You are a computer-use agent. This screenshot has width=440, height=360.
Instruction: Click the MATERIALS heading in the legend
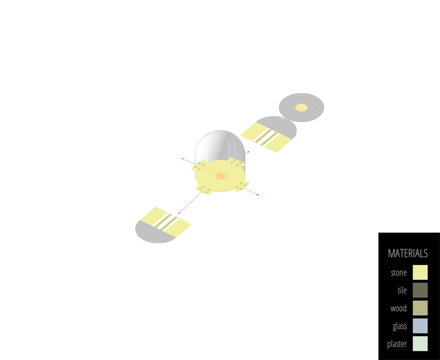point(408,253)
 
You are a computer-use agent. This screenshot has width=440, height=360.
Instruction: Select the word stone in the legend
point(399,273)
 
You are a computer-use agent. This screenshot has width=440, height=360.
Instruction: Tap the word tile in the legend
point(402,290)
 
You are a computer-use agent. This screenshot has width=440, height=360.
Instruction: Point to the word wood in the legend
point(398,308)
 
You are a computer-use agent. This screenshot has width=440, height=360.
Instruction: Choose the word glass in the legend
point(399,326)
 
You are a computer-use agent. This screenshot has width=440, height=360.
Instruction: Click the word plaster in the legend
point(397,344)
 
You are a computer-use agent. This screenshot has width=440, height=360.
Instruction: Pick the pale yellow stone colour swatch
point(420,273)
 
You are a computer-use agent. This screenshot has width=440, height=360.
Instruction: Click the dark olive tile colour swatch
point(420,290)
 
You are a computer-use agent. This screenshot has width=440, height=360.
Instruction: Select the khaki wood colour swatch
point(420,308)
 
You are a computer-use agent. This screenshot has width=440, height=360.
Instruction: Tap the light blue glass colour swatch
point(420,326)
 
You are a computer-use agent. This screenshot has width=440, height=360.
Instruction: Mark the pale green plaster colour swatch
point(420,344)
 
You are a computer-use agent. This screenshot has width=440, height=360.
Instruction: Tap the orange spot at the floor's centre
point(220,176)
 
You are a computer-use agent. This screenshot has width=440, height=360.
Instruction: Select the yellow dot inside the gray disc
point(301,107)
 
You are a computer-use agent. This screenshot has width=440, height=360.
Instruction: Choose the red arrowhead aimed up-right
point(249,151)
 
